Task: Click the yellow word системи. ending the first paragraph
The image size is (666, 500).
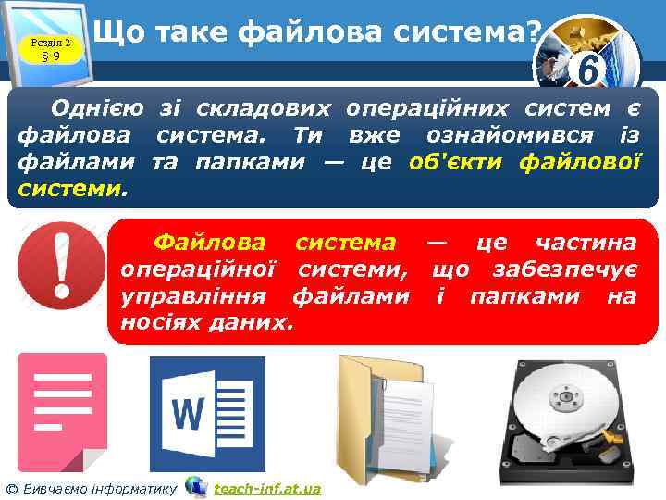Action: coord(68,190)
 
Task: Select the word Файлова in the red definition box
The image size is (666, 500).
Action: coord(212,243)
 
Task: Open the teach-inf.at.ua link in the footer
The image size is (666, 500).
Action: coord(266,488)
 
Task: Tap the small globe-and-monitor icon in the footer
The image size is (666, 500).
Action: coord(195,486)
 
